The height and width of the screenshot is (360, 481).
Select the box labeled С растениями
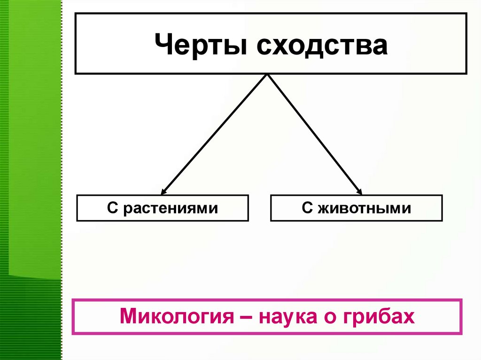coord(162,208)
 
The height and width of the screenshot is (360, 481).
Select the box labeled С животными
coord(356,208)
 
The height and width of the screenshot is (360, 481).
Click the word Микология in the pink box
coord(177,317)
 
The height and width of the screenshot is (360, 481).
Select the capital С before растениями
coord(111,208)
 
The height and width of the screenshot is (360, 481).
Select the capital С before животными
coord(306,208)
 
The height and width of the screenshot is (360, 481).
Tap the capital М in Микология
coord(129,317)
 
